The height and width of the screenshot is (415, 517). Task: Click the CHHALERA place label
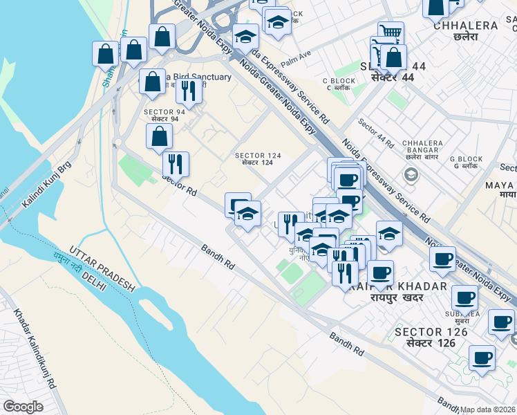click(x=465, y=26)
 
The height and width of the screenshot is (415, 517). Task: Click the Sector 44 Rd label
click(x=375, y=133)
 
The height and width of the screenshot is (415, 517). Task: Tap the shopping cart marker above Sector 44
click(x=391, y=31)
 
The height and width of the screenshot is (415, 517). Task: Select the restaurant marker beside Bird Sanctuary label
click(x=188, y=90)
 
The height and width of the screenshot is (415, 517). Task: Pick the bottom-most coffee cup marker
click(x=482, y=358)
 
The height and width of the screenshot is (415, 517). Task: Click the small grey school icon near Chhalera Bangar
click(x=411, y=174)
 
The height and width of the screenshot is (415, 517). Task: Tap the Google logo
click(x=23, y=407)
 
